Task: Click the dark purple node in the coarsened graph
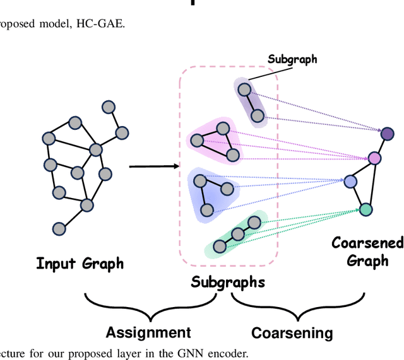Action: pos(386,133)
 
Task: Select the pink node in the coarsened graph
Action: pos(374,157)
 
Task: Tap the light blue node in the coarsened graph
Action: pos(350,182)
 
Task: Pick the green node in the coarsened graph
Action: pos(365,209)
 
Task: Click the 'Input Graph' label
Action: pos(80,264)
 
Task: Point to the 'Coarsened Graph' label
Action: pos(367,252)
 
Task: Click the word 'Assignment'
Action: pos(148,332)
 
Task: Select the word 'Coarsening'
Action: pos(292,332)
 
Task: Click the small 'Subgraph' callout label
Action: pos(292,60)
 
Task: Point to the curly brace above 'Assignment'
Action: pos(149,306)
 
